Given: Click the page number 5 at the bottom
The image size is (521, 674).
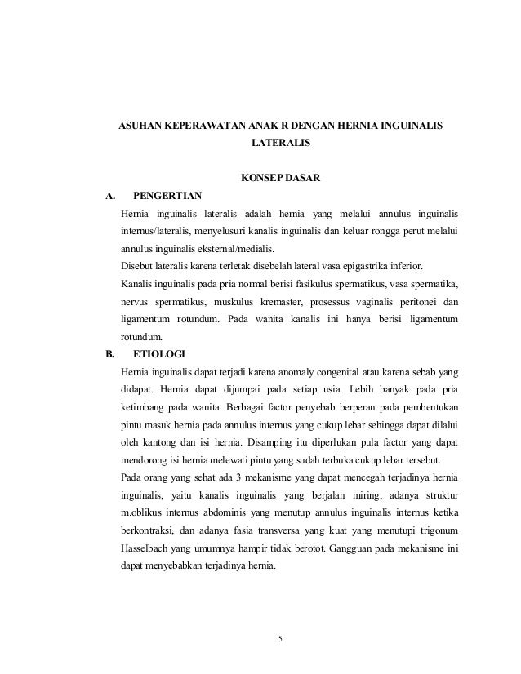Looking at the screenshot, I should click(x=280, y=637).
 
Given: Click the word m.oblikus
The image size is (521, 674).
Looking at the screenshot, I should click(x=145, y=512).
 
